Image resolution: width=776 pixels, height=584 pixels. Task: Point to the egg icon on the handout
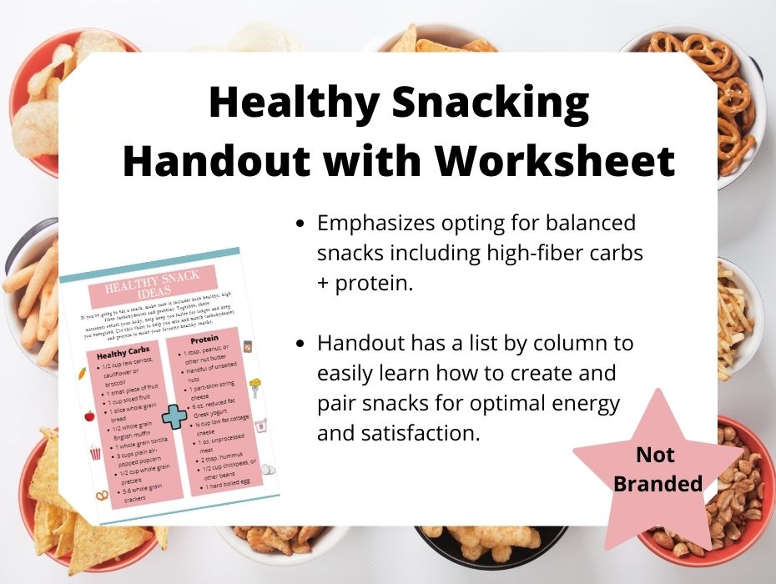coord(268,470)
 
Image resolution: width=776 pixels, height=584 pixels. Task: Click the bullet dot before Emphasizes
coord(301,224)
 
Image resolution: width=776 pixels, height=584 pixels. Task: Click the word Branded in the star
coord(658,484)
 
